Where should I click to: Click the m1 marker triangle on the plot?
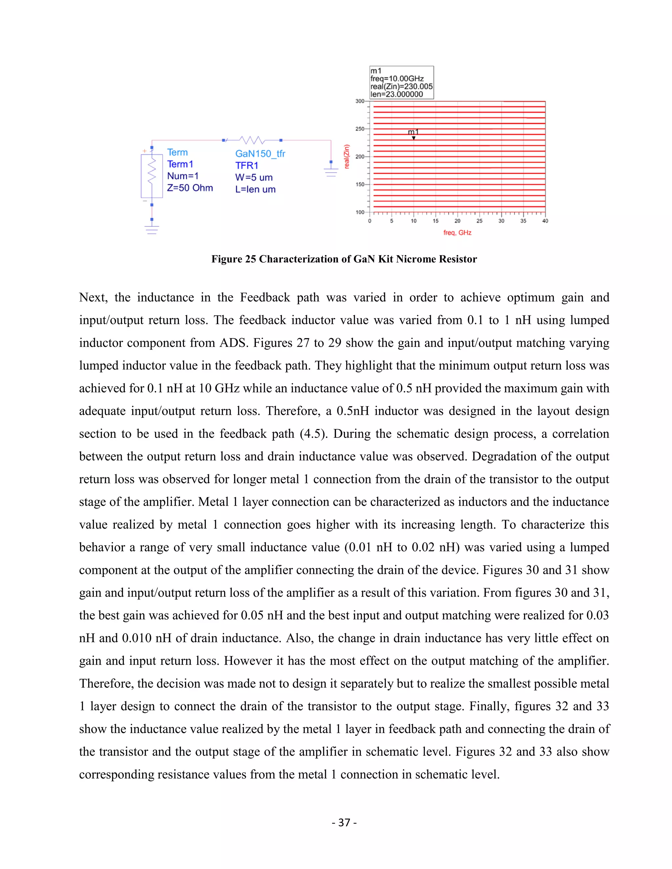tap(414, 138)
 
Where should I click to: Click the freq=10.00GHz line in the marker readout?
tap(397, 79)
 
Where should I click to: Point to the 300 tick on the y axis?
tap(360, 101)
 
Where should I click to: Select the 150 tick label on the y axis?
tap(360, 185)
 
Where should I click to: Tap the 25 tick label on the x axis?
tap(479, 221)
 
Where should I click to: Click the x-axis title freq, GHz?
tap(457, 233)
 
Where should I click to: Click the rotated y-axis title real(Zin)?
tap(347, 156)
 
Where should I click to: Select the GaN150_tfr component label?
tap(260, 153)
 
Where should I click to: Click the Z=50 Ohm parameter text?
tap(190, 188)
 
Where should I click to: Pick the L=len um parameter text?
tap(255, 190)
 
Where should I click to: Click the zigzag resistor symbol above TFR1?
tap(252, 140)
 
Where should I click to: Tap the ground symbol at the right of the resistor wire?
tap(331, 172)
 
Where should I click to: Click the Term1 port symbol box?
tap(152, 175)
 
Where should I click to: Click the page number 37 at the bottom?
tap(344, 822)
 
